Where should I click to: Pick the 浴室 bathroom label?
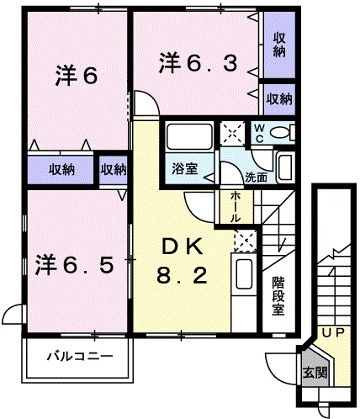(x=186, y=168)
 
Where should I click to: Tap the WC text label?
(x=260, y=133)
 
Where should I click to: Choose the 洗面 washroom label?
(x=257, y=178)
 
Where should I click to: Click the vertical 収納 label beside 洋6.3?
(x=278, y=45)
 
